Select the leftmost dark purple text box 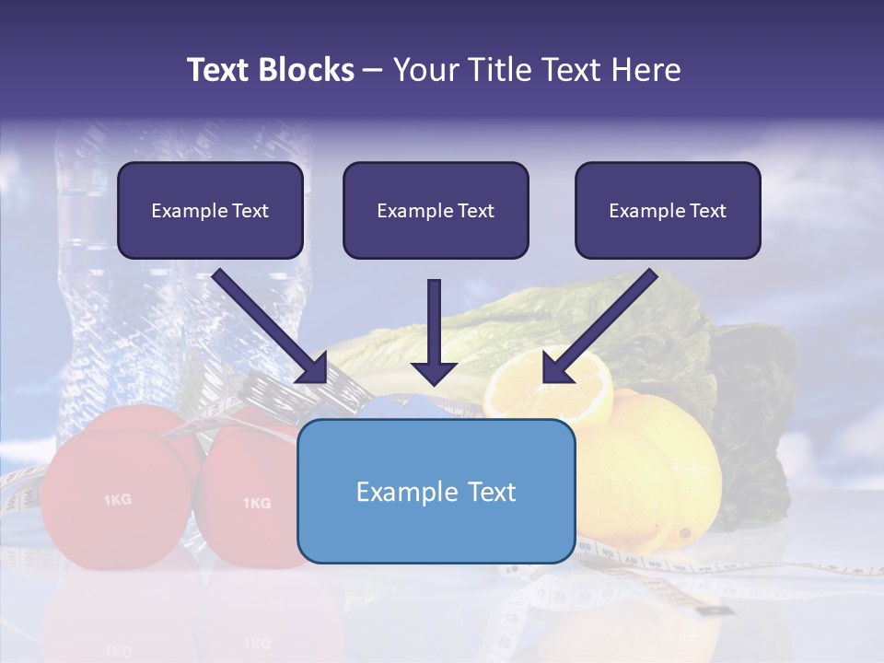point(210,210)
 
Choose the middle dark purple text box point(436,210)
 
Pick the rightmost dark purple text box point(668,210)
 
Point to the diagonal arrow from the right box point(599,326)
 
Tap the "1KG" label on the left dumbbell point(117,500)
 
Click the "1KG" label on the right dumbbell point(256,503)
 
